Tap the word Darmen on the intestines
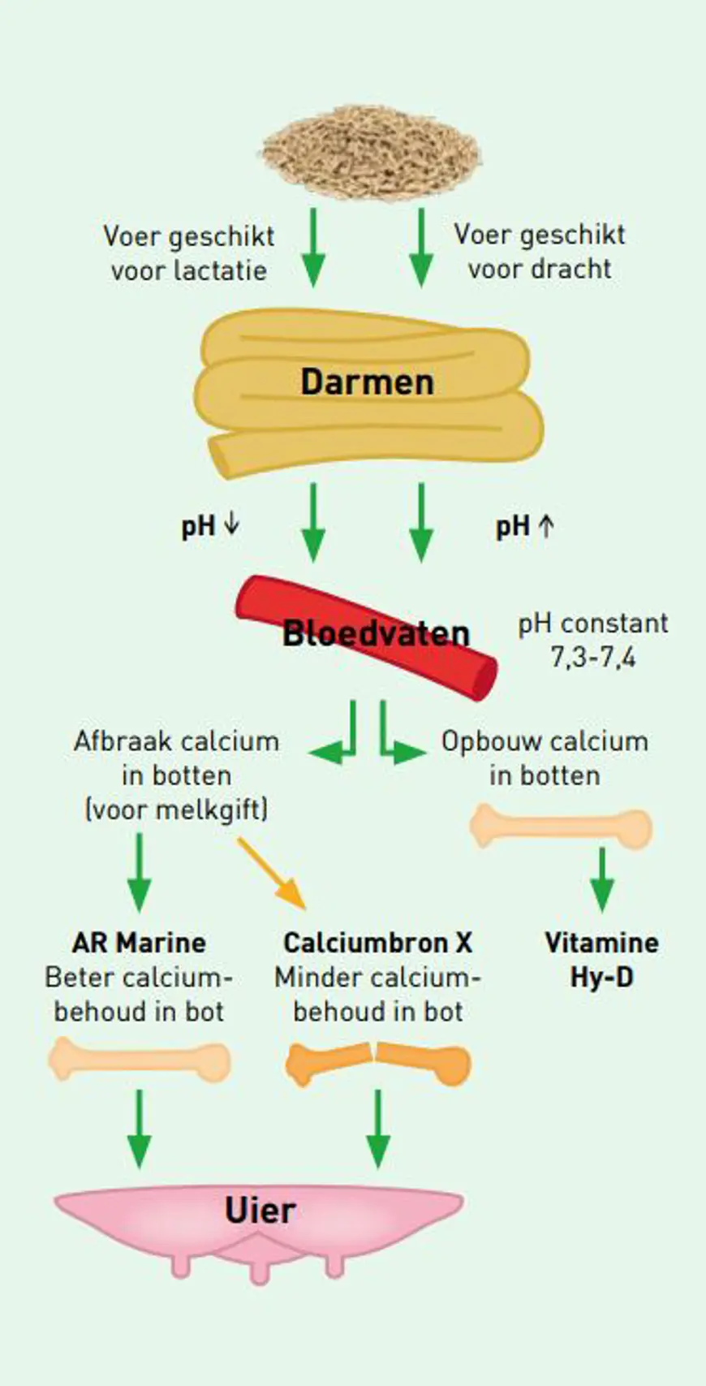[368, 382]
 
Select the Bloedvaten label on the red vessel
[376, 634]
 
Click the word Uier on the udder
[260, 1211]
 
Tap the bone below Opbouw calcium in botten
[562, 827]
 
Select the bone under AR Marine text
[140, 1060]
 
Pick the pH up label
[525, 527]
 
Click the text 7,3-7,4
[593, 658]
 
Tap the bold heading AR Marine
[139, 943]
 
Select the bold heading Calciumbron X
[378, 943]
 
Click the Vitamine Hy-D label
[602, 961]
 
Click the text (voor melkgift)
[177, 810]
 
